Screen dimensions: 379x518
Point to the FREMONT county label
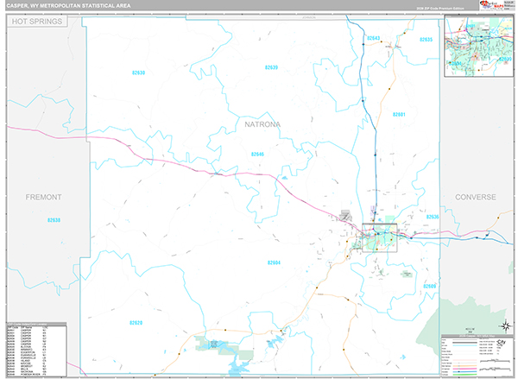point(42,197)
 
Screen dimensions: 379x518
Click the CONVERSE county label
point(476,197)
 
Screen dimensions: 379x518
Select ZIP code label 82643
point(373,39)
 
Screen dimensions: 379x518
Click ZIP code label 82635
point(425,40)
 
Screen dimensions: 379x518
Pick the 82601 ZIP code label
point(399,115)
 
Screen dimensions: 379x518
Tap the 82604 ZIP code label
point(274,262)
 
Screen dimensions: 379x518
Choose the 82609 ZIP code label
point(430,286)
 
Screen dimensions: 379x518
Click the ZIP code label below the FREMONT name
point(54,220)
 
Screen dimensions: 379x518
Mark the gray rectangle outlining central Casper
point(380,231)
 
